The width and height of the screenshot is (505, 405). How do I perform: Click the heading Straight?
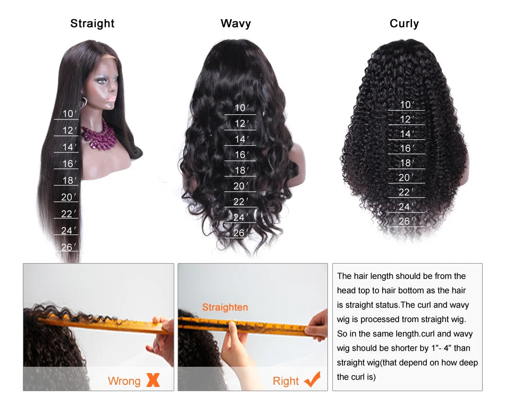pos(92,23)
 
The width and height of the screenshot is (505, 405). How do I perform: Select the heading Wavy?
pos(235,23)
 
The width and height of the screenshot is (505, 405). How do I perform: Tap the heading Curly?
pos(404,23)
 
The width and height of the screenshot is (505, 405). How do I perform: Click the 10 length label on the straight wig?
pos(69,114)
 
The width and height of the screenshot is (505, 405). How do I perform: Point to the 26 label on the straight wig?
pos(69,247)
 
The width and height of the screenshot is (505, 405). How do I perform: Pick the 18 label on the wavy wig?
pos(241,171)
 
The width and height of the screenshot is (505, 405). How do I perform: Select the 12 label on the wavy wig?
pos(241,123)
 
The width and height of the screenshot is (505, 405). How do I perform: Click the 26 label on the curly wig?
pos(406,221)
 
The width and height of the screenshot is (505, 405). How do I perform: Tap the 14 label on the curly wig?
pos(406,134)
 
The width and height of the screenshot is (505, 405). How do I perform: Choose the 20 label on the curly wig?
pos(406,178)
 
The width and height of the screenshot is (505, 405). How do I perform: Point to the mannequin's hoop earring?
pos(84,102)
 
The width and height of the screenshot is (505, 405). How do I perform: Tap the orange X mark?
pos(153,380)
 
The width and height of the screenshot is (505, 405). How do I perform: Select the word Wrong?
pos(124,381)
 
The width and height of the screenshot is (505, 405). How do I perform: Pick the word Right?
pos(285,381)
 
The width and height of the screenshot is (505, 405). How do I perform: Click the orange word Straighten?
pos(225,307)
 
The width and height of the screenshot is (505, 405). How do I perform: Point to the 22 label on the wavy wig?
pos(240,201)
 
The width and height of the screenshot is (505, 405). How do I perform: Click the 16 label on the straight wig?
pos(69,164)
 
